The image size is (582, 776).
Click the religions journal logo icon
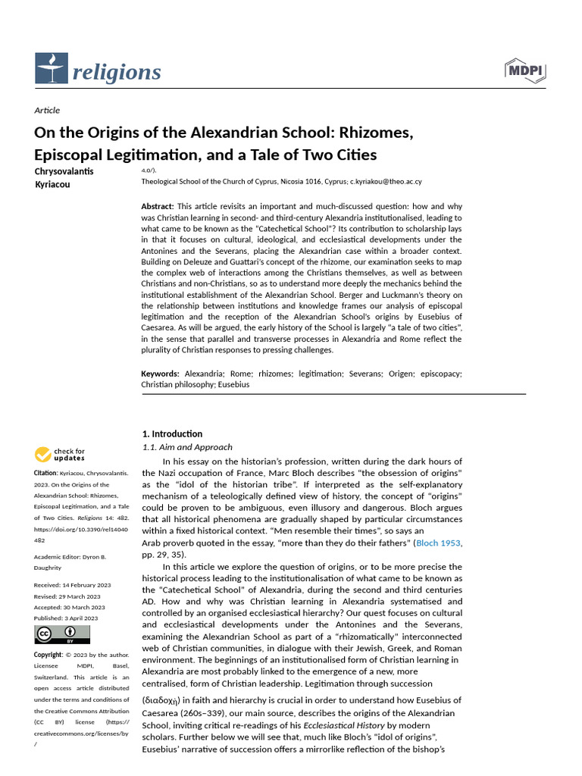pos(51,69)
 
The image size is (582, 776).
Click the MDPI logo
pos(525,70)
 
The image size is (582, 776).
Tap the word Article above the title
pos(47,111)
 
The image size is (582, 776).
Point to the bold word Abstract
pos(157,206)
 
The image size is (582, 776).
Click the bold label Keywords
pos(160,374)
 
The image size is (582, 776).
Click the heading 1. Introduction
pos(172,433)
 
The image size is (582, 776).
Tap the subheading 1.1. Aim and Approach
pos(188,447)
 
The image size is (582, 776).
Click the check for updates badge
pos(60,455)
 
